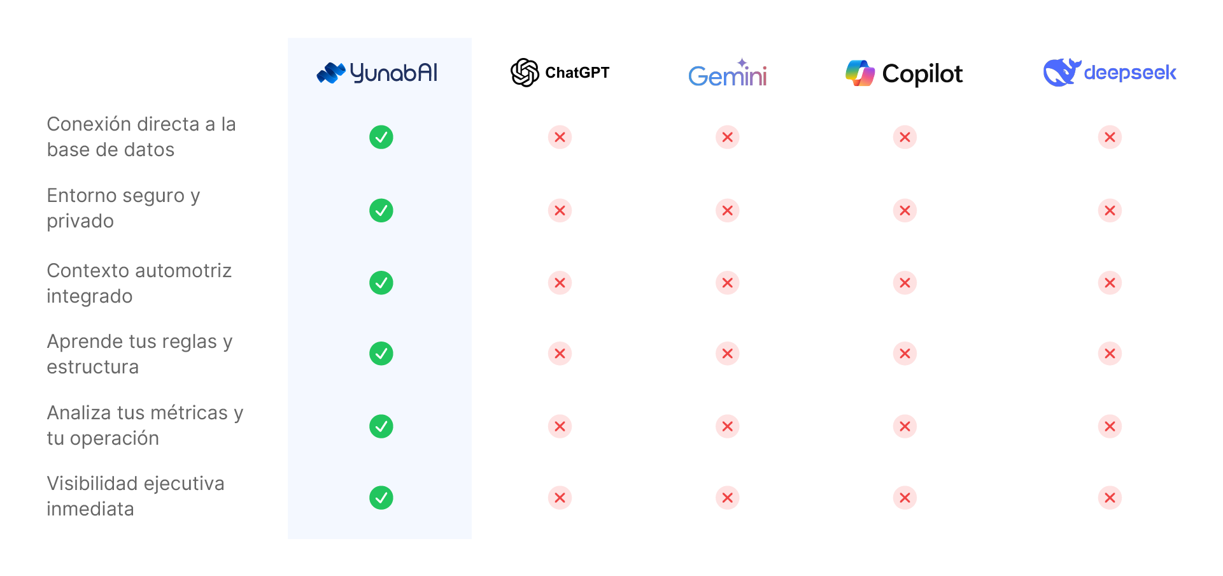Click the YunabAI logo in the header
[x=378, y=73]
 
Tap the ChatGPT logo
[x=560, y=73]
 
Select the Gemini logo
[x=728, y=74]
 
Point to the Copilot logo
[x=904, y=73]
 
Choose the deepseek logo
[x=1110, y=72]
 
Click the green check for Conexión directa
[x=381, y=137]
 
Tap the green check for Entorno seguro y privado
[x=381, y=210]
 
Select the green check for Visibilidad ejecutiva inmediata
[x=381, y=498]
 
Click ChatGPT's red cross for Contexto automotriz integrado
[x=560, y=283]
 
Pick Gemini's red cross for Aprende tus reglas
[x=728, y=354]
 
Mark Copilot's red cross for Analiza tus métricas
[x=905, y=426]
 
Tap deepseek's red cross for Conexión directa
[x=1110, y=137]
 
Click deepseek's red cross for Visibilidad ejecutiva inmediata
[x=1110, y=498]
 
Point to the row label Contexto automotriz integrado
[x=139, y=283]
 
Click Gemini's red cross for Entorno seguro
[x=728, y=210]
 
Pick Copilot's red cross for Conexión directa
[x=905, y=137]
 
